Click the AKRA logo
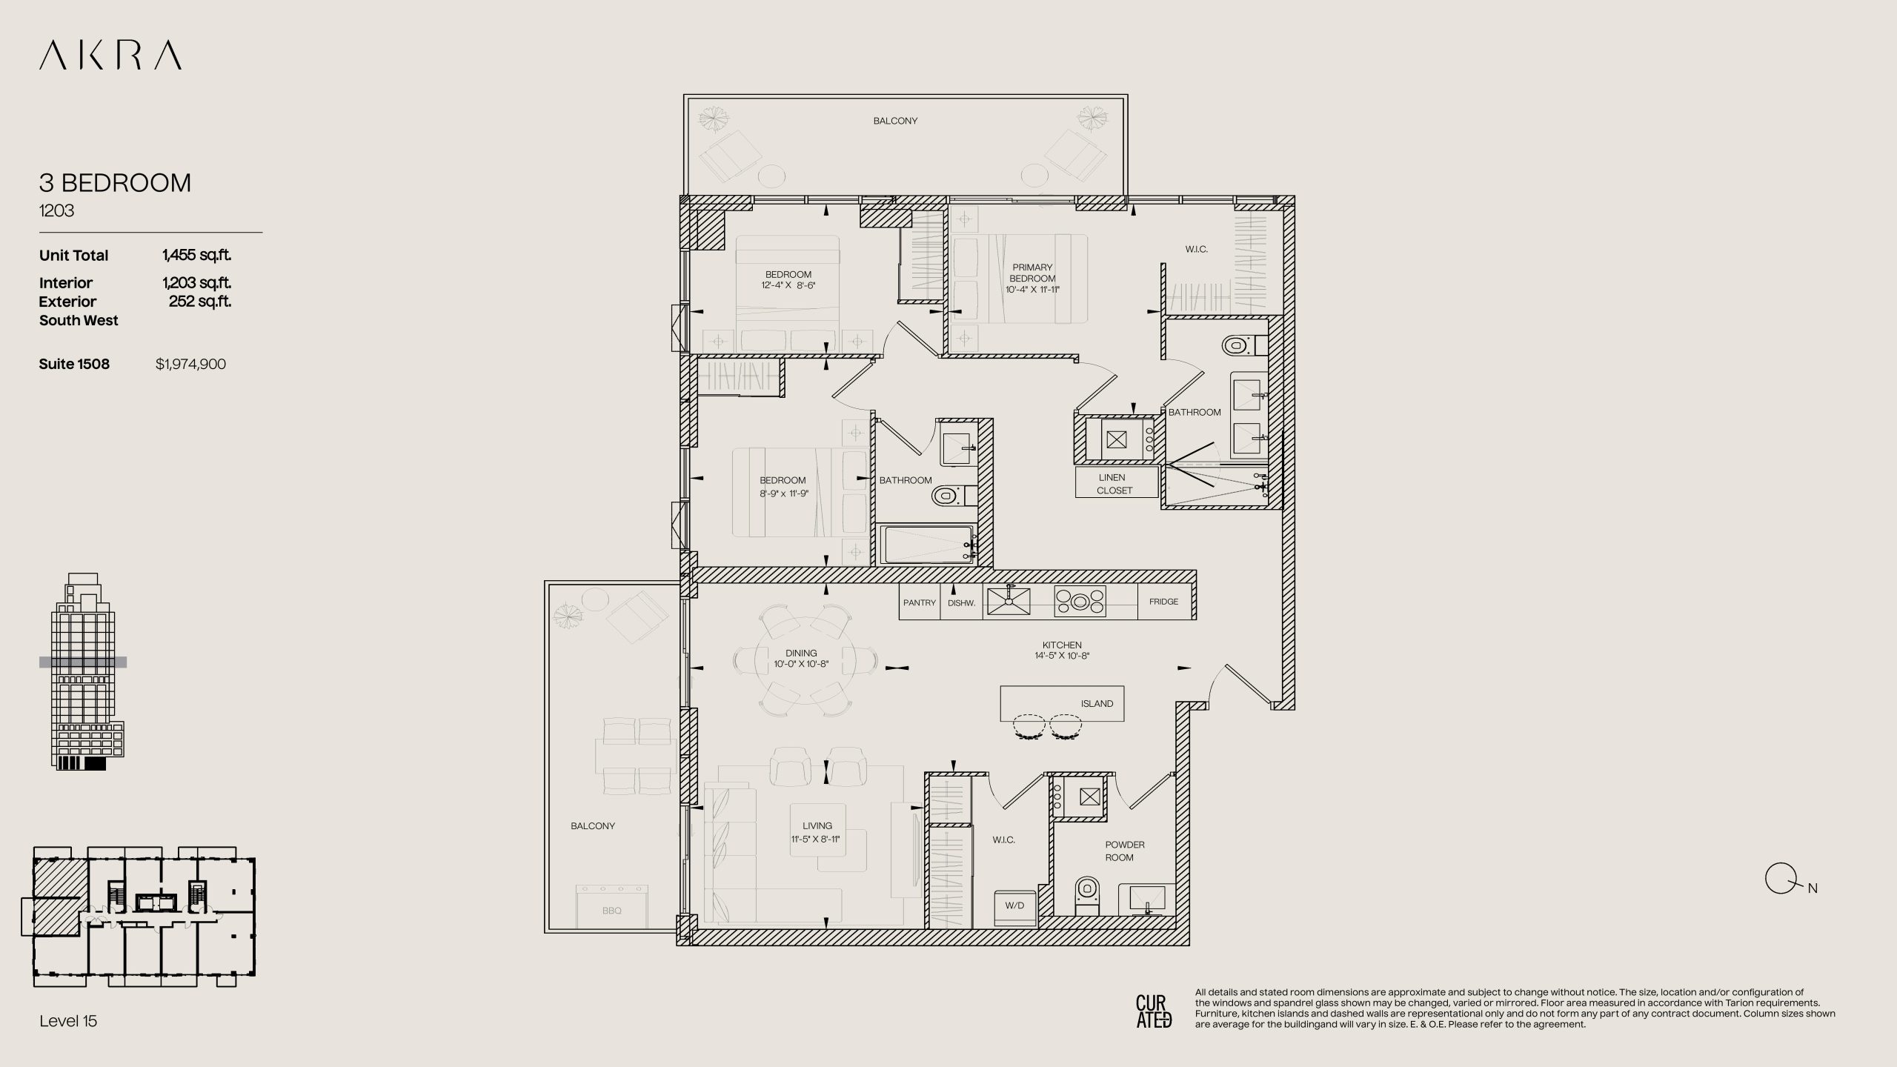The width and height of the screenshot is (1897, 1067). coord(110,56)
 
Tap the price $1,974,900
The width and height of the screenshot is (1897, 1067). coord(190,364)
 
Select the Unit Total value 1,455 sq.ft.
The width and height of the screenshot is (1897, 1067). coord(196,255)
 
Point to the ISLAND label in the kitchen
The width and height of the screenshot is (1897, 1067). coord(1097,704)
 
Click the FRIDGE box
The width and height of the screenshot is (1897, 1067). coord(1163,602)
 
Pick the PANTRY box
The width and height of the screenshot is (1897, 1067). coord(920,602)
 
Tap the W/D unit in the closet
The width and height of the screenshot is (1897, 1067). coord(1014,906)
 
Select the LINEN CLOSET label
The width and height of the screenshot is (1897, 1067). coord(1114,484)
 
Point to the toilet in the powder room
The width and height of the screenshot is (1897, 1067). coord(1086,894)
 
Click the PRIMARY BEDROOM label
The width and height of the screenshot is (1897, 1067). coord(1032,273)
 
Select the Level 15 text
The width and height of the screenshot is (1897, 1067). coord(68,1021)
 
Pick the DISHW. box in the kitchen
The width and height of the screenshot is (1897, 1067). coord(961,602)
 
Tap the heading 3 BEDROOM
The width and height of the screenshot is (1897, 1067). coord(115,183)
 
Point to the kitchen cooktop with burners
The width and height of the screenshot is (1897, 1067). coord(1080,601)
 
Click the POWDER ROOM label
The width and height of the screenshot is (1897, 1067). coord(1124,851)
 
